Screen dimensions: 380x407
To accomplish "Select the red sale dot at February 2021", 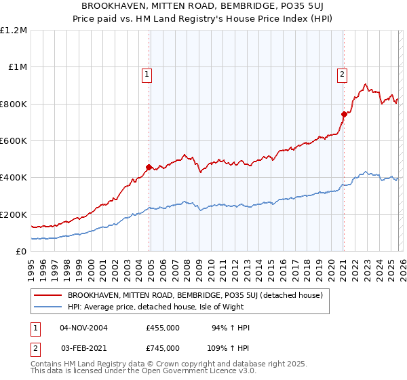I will [344, 114].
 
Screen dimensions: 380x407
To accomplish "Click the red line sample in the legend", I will [48, 295].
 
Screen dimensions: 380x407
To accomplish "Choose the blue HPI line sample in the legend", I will [48, 307].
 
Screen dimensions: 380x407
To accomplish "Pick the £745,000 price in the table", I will [163, 347].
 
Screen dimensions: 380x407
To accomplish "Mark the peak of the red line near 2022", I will [365, 84].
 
